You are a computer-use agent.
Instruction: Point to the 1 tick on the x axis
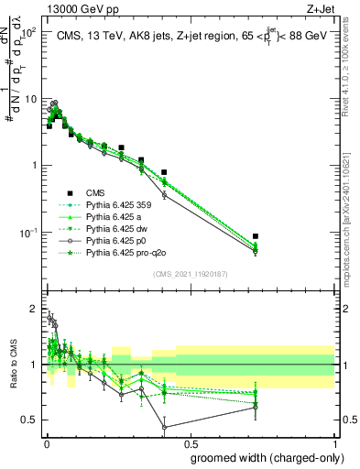click(x=333, y=442)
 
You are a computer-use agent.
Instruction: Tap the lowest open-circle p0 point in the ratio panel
click(x=164, y=427)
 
